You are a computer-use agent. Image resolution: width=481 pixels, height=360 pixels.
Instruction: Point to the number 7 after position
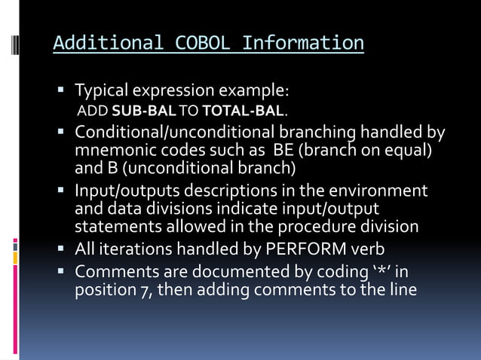(151, 289)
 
